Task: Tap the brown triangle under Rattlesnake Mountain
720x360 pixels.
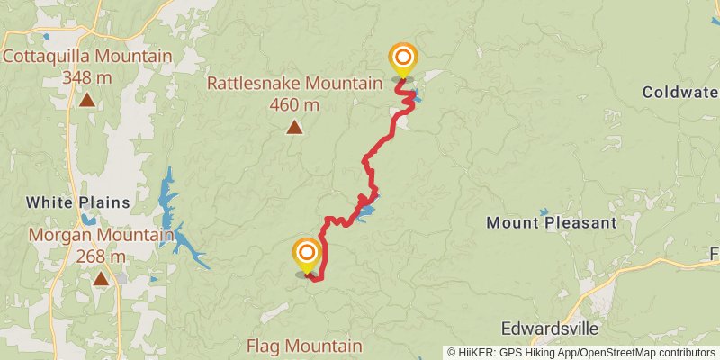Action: click(x=294, y=128)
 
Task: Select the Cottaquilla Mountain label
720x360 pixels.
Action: click(x=87, y=57)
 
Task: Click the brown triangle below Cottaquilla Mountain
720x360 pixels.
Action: click(x=87, y=100)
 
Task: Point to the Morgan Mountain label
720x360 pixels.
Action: click(x=101, y=236)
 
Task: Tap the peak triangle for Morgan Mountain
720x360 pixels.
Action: click(x=101, y=279)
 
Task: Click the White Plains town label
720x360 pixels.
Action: click(x=77, y=202)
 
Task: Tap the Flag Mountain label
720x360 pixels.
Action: click(x=304, y=346)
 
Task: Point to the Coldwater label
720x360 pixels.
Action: click(x=680, y=92)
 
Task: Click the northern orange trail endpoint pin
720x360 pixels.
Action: click(x=402, y=59)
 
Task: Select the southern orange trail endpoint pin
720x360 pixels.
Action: click(x=307, y=254)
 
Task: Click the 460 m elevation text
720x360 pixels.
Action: click(x=294, y=105)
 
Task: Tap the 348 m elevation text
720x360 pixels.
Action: click(x=87, y=77)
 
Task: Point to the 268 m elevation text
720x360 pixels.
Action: click(x=101, y=256)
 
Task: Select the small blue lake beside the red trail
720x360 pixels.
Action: click(x=364, y=214)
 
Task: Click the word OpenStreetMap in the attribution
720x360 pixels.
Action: click(x=612, y=352)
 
